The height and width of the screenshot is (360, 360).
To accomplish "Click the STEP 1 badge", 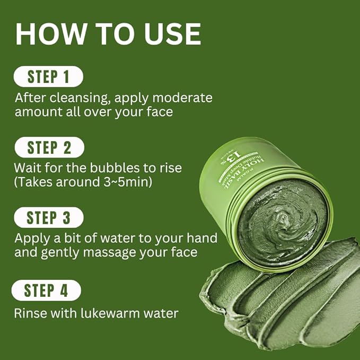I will pos(48,77).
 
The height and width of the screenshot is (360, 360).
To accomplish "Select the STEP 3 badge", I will pos(48,217).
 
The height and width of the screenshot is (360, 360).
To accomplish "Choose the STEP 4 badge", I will pos(47,290).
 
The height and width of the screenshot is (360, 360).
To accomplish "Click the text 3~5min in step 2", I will pos(129,183).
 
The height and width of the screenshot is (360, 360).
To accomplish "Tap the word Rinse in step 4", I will pos(30,313).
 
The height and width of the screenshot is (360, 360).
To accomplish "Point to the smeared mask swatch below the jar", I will pos(286,302).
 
